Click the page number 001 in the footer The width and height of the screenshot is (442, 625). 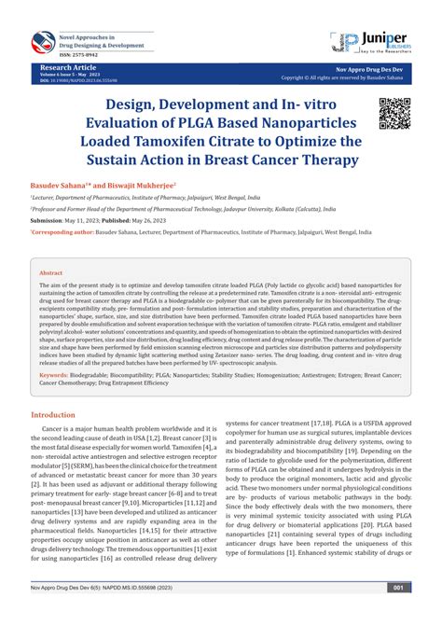397,614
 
